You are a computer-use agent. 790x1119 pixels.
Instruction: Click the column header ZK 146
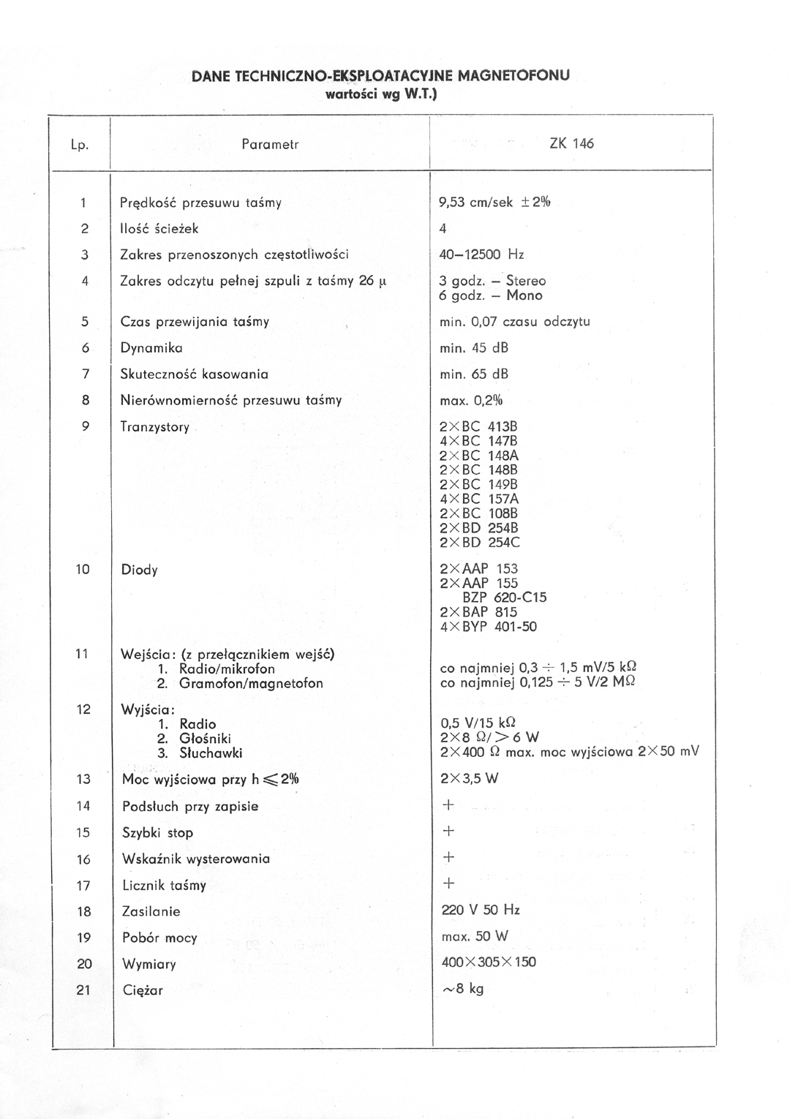click(571, 143)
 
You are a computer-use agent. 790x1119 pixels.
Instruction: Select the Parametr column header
click(270, 144)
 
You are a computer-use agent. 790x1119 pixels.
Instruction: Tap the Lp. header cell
click(80, 145)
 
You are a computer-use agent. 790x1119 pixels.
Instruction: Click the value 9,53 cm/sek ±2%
click(494, 203)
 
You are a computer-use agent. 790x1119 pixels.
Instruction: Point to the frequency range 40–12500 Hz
click(481, 255)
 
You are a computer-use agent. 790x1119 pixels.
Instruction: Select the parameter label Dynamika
click(151, 348)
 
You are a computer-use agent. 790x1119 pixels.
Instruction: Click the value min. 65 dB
click(474, 374)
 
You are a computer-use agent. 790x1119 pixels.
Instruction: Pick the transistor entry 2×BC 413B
click(478, 427)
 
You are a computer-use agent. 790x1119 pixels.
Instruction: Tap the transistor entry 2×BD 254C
click(480, 543)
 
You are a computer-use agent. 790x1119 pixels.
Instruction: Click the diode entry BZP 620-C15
click(504, 598)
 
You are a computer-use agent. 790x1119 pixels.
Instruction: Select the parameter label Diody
click(139, 570)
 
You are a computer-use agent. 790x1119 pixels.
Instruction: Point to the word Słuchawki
click(211, 753)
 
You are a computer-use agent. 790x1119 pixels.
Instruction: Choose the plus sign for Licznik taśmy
click(449, 883)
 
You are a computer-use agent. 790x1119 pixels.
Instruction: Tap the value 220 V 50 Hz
click(481, 910)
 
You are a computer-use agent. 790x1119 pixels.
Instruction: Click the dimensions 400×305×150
click(489, 962)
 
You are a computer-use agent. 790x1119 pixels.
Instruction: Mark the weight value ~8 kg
click(463, 989)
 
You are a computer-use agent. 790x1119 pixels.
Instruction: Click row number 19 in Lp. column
click(83, 938)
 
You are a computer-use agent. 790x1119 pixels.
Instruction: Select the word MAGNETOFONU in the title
click(513, 75)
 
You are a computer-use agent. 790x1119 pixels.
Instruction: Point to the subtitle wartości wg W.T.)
click(380, 94)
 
